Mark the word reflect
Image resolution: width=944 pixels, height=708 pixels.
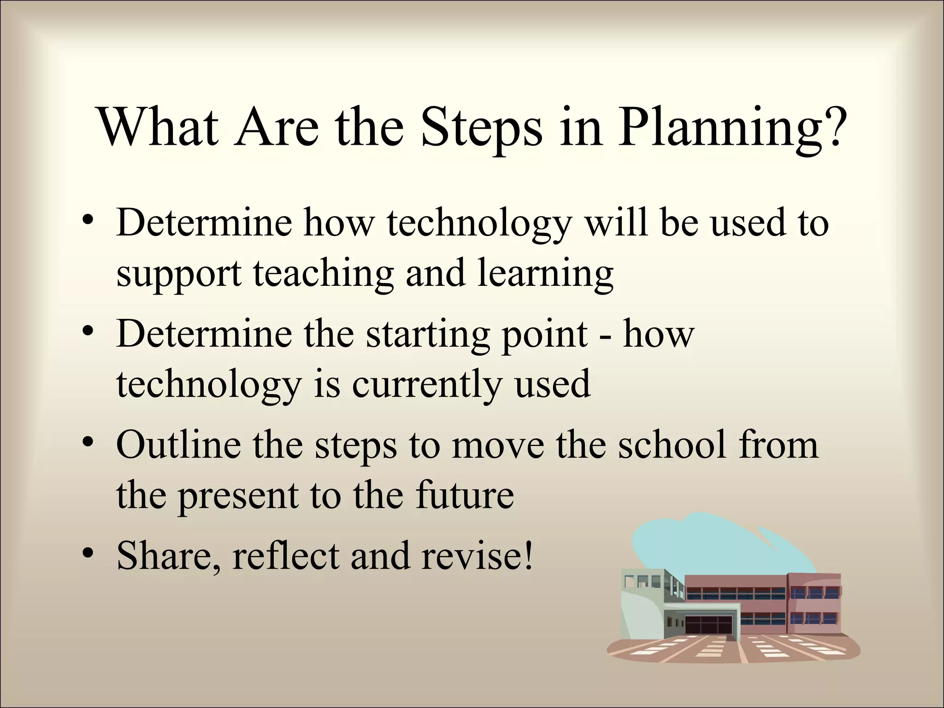(x=286, y=555)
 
